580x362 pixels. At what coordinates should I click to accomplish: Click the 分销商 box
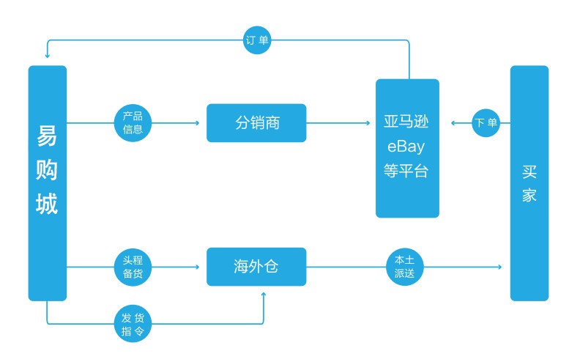[256, 122]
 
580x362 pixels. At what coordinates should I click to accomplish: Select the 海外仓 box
[256, 267]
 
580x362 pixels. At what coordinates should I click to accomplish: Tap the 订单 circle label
[256, 41]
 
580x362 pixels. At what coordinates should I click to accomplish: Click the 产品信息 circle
[133, 122]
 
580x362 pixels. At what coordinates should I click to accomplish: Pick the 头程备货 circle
[133, 267]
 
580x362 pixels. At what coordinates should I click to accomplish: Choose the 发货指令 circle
[133, 322]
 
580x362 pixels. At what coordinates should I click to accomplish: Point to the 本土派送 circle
[404, 267]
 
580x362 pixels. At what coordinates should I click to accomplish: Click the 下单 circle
[486, 122]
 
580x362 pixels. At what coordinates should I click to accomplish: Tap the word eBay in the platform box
[406, 147]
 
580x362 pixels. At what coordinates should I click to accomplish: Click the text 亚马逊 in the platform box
[406, 122]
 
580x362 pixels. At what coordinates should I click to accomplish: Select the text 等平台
[406, 171]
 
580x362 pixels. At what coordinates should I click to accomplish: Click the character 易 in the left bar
[47, 136]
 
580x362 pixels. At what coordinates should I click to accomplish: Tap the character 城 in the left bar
[47, 204]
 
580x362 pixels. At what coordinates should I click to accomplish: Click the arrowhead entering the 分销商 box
[197, 122]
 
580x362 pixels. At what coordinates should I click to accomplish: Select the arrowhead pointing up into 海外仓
[264, 295]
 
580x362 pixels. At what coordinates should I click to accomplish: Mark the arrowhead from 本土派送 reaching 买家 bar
[501, 267]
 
